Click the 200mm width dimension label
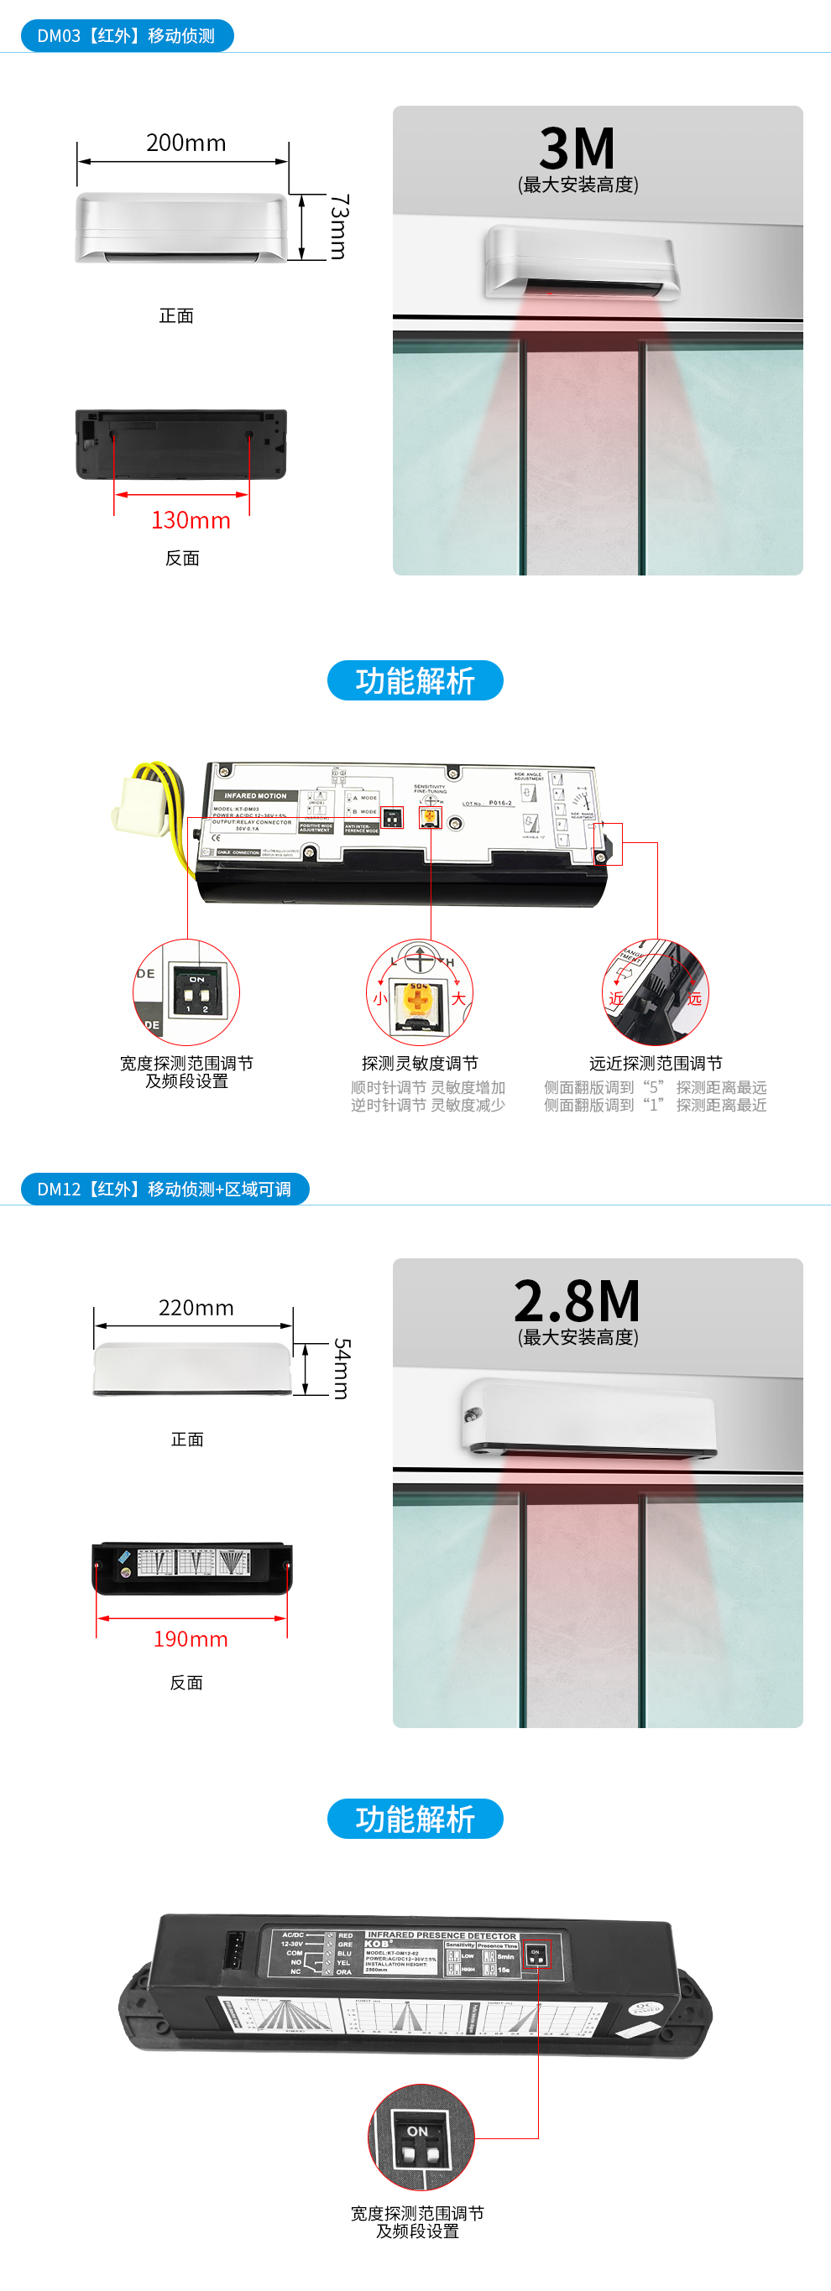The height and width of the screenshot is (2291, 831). pos(186,143)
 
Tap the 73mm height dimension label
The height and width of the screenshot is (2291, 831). pos(339,226)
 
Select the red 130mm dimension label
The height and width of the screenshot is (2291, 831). pos(191,520)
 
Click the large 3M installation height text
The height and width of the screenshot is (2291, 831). pos(578,148)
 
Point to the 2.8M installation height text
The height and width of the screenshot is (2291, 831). pos(578,1301)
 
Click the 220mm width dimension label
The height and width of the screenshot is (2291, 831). pos(196,1307)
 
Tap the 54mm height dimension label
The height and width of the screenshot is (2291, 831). pos(342,1369)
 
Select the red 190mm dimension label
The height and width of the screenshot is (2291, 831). pos(191,1639)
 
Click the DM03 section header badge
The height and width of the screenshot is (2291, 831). pos(127,35)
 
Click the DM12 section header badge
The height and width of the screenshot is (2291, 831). pos(165,1189)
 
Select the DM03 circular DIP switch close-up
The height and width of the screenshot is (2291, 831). pos(187,992)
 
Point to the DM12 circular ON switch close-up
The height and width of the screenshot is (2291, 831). pos(421,2137)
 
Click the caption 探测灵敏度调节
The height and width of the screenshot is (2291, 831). pos(420,1063)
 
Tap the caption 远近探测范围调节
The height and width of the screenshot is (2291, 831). pos(656,1063)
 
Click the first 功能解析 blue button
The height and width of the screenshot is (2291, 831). pos(415,680)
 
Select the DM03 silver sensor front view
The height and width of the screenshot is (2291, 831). pos(181,228)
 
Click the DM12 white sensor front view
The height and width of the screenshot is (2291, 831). pos(192,1369)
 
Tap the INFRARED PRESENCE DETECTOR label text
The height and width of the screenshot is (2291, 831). pos(442,1935)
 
